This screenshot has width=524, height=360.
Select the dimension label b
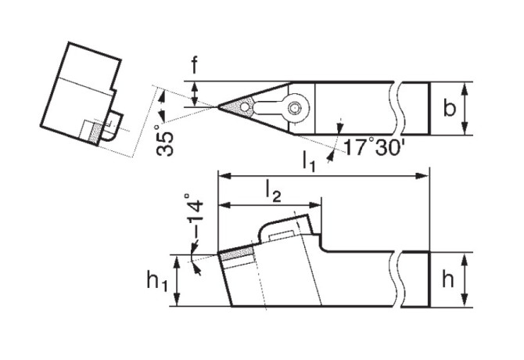tap(449, 107)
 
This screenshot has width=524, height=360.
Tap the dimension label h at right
tap(447, 279)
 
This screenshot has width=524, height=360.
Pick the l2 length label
tap(272, 191)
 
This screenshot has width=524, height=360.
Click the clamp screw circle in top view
tap(295, 108)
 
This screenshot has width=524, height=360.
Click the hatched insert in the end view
tap(96, 132)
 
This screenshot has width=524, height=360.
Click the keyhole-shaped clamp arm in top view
tap(274, 107)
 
